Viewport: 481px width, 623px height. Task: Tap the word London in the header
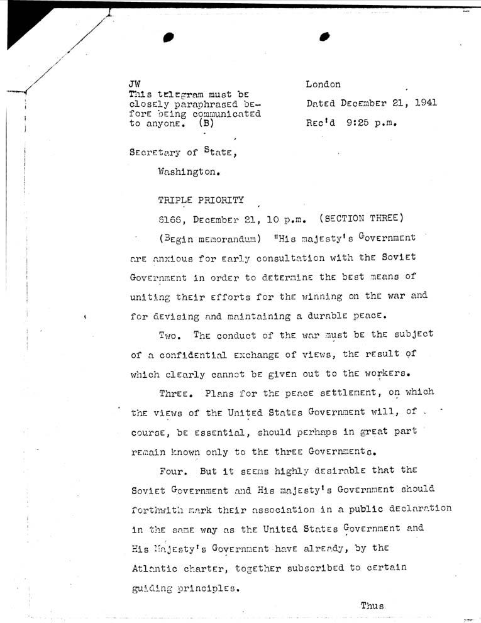click(x=323, y=84)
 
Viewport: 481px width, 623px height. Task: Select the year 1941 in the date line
click(x=424, y=103)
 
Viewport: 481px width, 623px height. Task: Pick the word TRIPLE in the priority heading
click(x=175, y=202)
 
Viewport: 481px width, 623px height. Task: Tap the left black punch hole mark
click(x=167, y=37)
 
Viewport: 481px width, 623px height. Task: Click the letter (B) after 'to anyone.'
click(x=206, y=124)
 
